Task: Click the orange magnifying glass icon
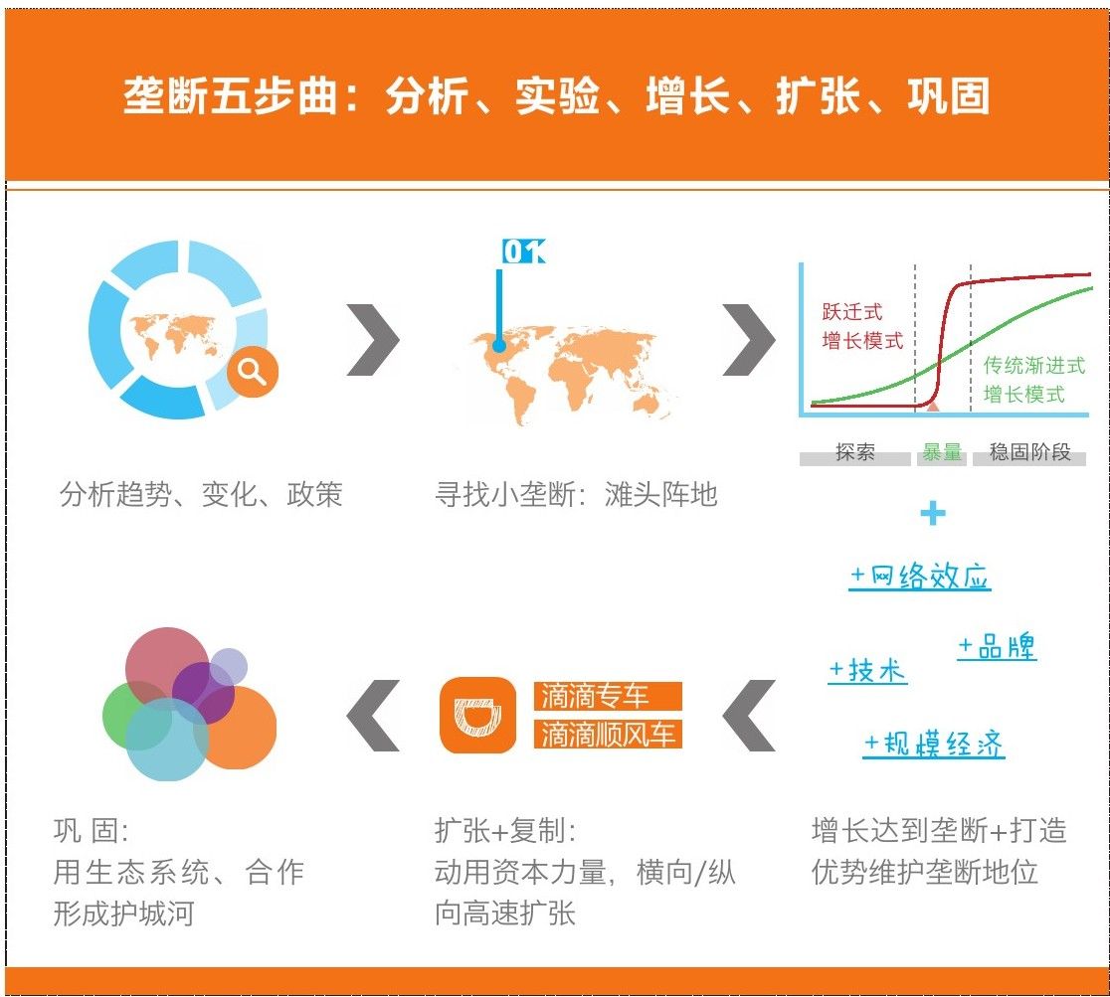[x=253, y=371]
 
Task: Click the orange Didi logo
[x=477, y=715]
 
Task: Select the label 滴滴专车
[x=608, y=696]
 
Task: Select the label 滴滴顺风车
[x=608, y=734]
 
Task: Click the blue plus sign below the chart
[x=933, y=513]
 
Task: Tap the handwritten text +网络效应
[x=920, y=576]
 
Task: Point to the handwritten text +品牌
[x=997, y=646]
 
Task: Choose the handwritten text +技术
[x=868, y=670]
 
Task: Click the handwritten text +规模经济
[x=934, y=744]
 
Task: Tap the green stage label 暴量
[x=942, y=452]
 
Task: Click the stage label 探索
[x=855, y=452]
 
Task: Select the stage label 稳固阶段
[x=1030, y=452]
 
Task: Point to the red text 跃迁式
[x=852, y=311]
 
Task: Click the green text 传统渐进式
[x=1034, y=365]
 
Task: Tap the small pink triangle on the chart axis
[x=933, y=406]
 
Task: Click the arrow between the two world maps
[x=373, y=340]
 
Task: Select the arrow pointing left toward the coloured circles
[x=373, y=716]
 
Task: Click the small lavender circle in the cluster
[x=228, y=667]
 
